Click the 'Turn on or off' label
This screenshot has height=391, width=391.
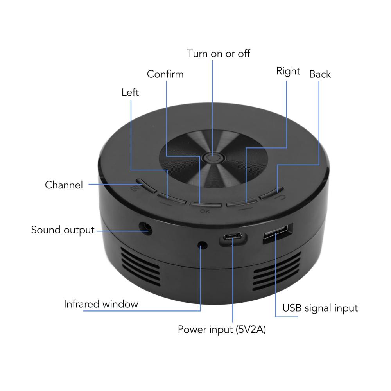pos(219,53)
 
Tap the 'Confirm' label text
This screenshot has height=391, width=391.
pos(165,74)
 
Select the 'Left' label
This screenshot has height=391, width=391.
pos(130,92)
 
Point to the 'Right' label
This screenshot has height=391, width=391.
pos(288,72)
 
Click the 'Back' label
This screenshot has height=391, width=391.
pos(320,74)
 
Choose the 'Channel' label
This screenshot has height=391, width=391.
pos(64,185)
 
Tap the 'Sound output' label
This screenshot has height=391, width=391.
pos(63,230)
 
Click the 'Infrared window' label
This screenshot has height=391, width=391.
pos(101,304)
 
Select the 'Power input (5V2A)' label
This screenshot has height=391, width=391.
pos(222,329)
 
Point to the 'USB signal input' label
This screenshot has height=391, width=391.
pos(320,308)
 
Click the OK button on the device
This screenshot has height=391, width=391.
pos(206,204)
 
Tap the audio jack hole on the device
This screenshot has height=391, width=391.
pos(145,228)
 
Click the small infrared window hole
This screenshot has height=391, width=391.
pos(203,245)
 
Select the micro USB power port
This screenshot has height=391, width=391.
pos(232,236)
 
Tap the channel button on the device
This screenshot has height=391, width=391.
pos(145,185)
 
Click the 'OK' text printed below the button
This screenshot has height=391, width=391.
pos(205,212)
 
